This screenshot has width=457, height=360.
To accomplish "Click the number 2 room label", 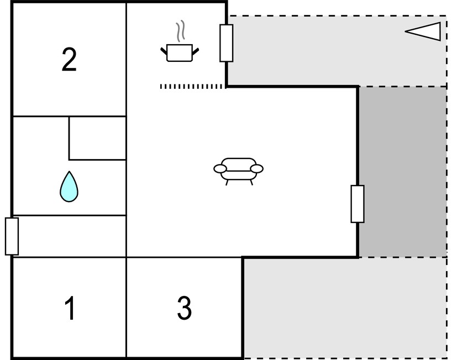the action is click(69, 60).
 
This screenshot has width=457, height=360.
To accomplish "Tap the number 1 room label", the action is click(70, 308).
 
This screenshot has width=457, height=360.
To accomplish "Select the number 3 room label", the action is click(184, 308).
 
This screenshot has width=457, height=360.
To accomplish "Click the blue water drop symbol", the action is click(69, 187).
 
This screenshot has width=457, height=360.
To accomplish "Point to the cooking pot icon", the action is click(180, 52).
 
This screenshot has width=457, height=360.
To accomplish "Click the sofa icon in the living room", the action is click(238, 171).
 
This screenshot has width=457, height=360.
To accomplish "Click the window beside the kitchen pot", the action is click(226, 43).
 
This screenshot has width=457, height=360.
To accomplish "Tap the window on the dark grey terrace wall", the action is click(358, 204).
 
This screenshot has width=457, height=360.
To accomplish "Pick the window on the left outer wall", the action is click(12, 236).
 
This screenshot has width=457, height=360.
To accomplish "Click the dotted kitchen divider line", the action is click(192, 87).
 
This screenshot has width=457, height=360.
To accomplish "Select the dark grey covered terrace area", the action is click(403, 172).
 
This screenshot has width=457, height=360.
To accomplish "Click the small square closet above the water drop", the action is click(98, 138).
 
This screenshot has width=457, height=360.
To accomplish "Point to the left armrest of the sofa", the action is click(220, 168).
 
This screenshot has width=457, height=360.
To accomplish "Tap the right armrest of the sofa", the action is click(257, 168).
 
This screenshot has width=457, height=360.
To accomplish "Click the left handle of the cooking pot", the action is click(164, 51).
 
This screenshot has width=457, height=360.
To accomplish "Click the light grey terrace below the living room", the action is click(345, 308).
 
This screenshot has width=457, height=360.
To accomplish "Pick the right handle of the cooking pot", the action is click(196, 51).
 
